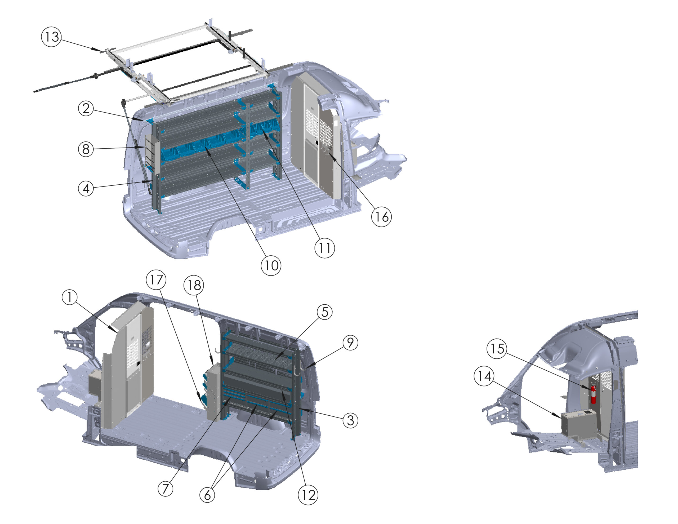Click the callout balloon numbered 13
52,37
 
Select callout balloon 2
86,108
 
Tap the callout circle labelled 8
86,149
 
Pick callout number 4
86,188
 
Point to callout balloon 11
325,248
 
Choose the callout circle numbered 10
271,265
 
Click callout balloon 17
156,279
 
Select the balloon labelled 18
194,285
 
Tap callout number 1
70,297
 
